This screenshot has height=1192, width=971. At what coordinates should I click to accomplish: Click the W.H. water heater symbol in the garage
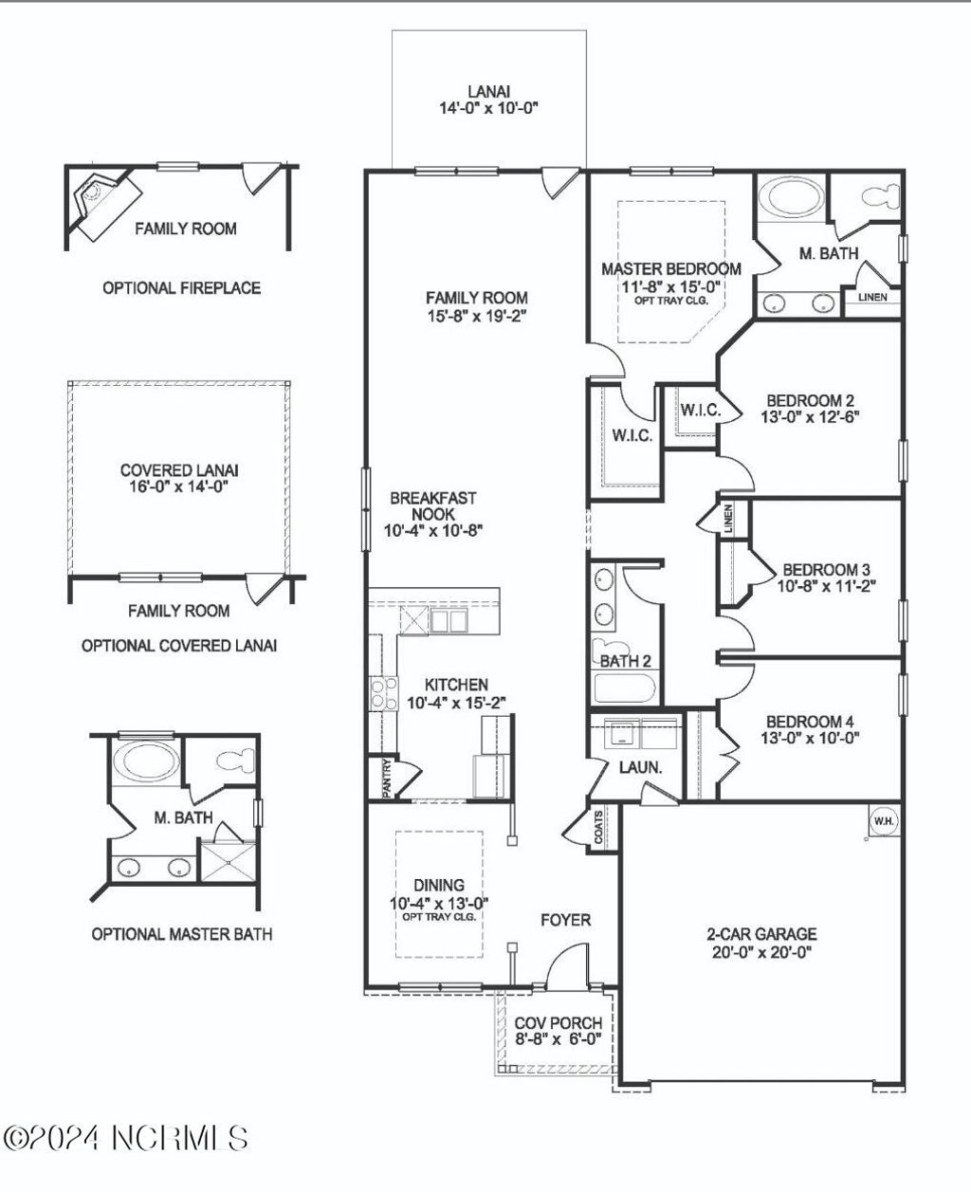[882, 820]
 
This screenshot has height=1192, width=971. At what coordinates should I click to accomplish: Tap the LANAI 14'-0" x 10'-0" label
[488, 100]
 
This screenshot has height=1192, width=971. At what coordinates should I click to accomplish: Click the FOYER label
[565, 920]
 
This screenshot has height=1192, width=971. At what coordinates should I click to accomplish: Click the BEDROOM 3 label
[825, 578]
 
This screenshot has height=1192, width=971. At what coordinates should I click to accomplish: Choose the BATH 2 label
[625, 661]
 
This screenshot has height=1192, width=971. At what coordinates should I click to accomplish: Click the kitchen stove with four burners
[383, 693]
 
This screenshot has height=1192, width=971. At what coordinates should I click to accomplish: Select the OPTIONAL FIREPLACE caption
[181, 288]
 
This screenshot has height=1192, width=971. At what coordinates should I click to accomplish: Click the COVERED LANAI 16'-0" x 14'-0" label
[179, 478]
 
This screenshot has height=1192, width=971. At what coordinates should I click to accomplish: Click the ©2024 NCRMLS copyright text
[128, 1138]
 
